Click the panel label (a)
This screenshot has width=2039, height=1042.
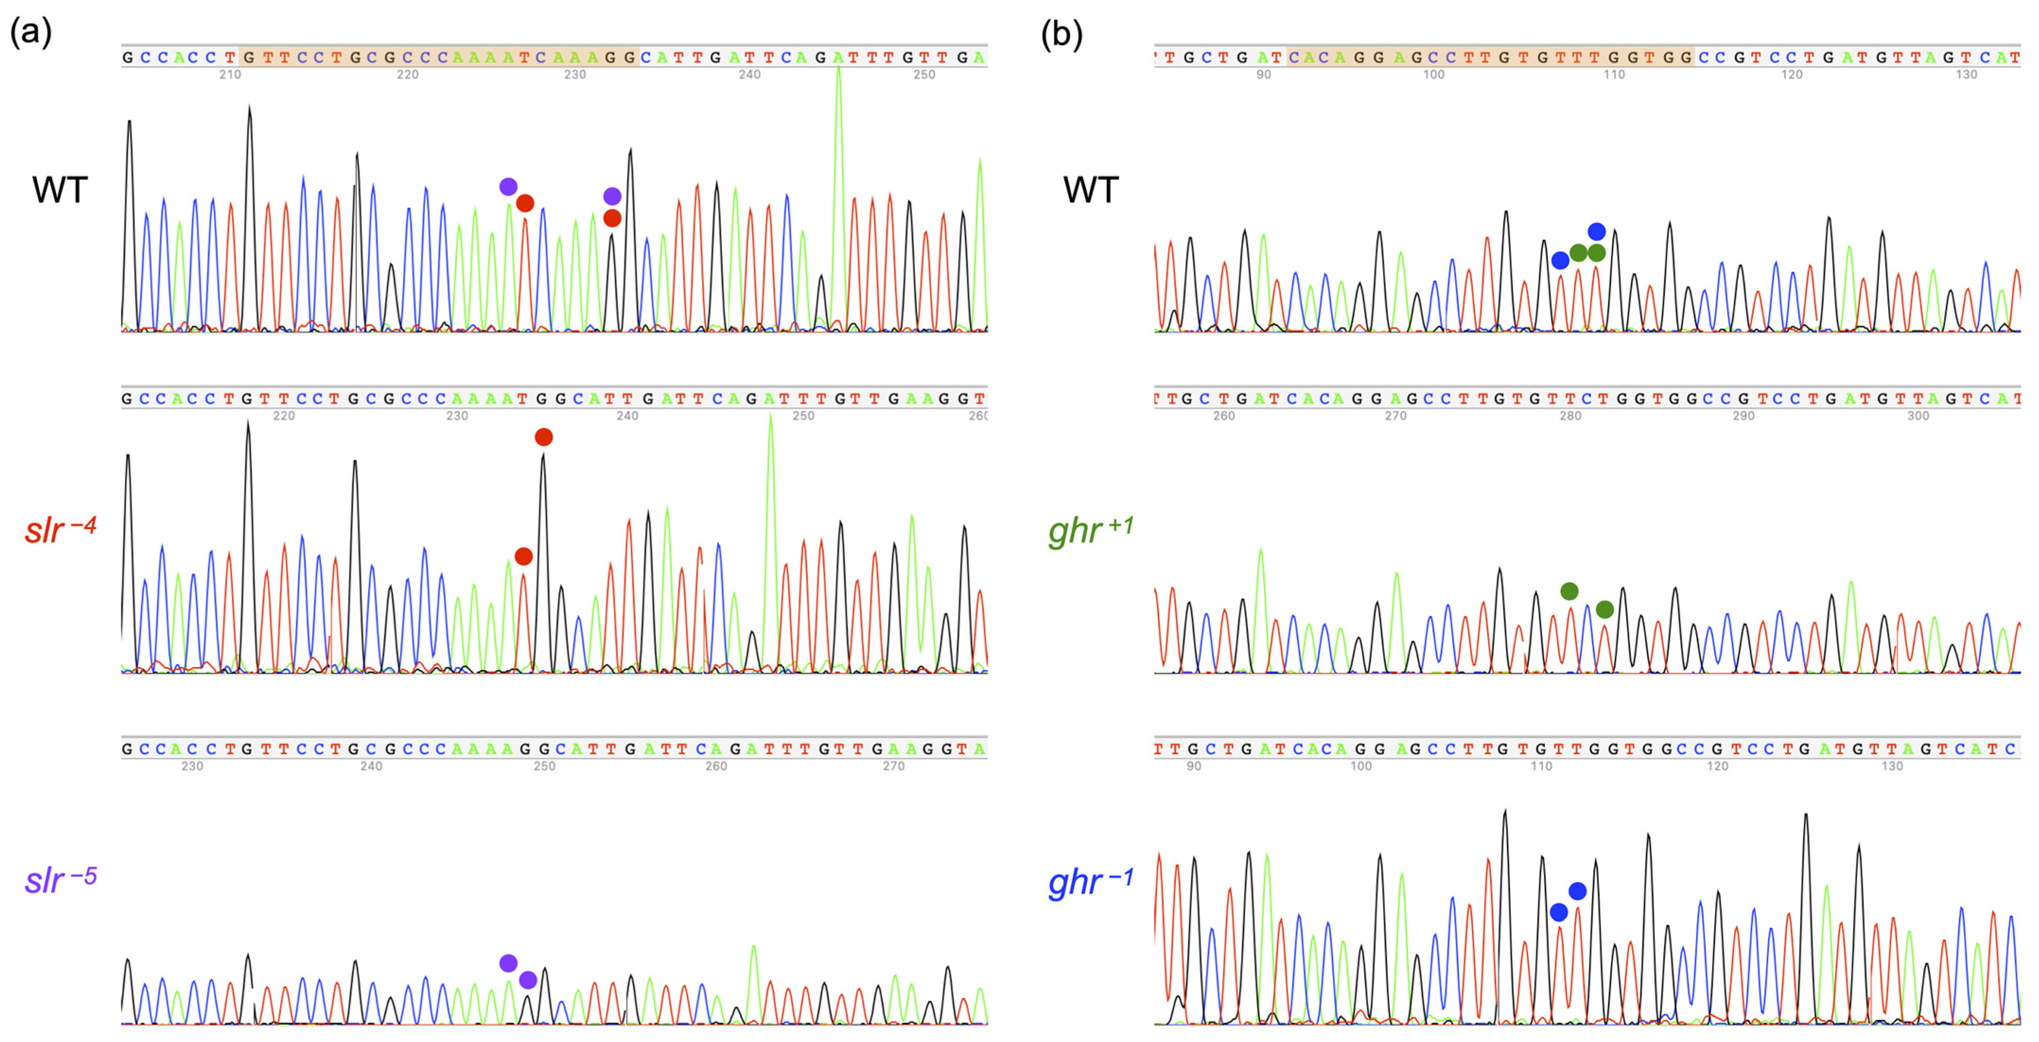click(x=31, y=33)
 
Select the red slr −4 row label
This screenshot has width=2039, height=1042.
click(x=60, y=529)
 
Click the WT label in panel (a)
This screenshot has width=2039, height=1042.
click(x=60, y=190)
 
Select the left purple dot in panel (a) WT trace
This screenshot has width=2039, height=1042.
click(x=508, y=187)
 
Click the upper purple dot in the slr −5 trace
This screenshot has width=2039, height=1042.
click(x=508, y=963)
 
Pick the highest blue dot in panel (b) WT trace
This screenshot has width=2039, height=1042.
click(x=1596, y=232)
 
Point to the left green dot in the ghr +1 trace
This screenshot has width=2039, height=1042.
click(x=1569, y=591)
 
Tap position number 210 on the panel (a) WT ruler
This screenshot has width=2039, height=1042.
click(x=230, y=74)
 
